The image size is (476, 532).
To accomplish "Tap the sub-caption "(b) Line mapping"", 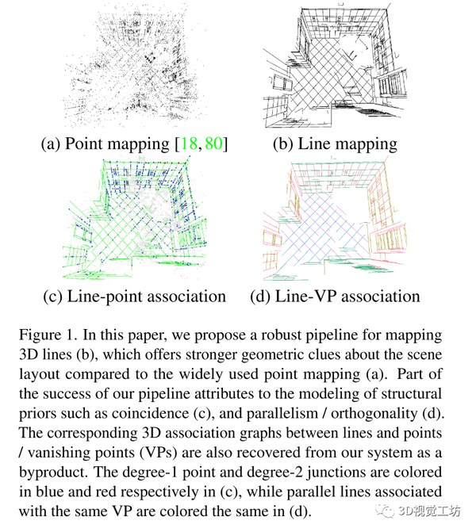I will coord(334,144).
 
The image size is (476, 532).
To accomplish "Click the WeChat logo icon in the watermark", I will coord(386,511).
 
